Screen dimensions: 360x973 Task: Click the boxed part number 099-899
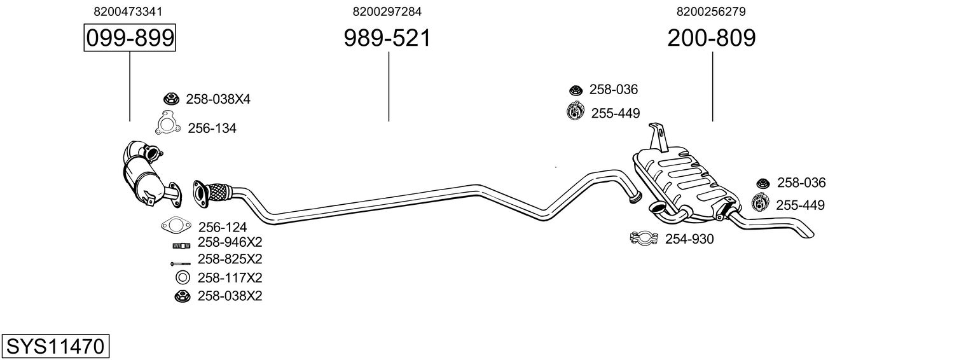[x=130, y=38]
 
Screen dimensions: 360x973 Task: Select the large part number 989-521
[x=387, y=38]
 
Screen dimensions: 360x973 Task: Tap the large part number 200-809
[x=712, y=38]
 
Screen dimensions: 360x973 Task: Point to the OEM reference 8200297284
[x=387, y=11]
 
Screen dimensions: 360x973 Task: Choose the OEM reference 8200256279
[x=712, y=11]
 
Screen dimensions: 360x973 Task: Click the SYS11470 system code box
[x=55, y=347]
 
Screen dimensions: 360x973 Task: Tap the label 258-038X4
[x=217, y=99]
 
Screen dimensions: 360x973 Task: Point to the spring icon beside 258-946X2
[x=181, y=245]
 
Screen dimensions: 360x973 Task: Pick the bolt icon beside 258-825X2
[x=181, y=263]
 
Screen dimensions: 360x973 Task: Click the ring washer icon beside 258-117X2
[x=182, y=277]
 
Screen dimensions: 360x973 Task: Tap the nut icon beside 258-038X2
[x=182, y=295]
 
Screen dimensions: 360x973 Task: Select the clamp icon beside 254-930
[x=644, y=239]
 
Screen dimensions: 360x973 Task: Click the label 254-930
[x=689, y=239]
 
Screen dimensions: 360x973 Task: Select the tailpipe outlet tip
[x=806, y=232]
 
